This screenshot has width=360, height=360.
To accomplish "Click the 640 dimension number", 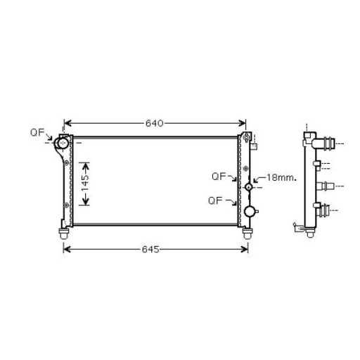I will (155, 123).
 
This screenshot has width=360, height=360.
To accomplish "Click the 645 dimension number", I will (155, 249).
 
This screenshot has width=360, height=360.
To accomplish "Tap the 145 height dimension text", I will (84, 184).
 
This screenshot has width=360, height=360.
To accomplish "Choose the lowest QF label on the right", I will (216, 200).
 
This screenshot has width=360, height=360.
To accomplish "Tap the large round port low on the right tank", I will (249, 212).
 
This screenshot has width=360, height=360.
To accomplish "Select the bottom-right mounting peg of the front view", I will (247, 232).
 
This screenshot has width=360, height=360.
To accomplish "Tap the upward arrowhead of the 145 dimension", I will (84, 165).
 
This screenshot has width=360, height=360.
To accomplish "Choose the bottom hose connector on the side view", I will (325, 209).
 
